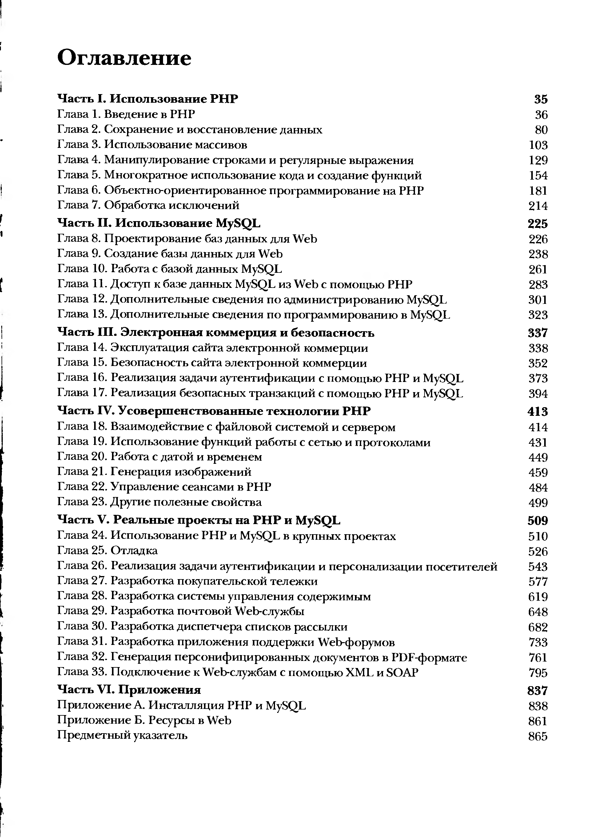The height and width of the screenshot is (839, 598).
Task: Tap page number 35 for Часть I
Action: coord(541,99)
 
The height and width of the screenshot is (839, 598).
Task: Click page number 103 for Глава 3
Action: coord(538,145)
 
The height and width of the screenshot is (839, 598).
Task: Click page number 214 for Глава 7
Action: coord(538,206)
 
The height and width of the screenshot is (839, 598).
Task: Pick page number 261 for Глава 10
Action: coord(538,269)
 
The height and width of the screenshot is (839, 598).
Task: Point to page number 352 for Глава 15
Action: coord(538,363)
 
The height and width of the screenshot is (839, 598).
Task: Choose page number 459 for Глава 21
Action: coord(538,472)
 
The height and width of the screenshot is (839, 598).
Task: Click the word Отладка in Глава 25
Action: coord(134,551)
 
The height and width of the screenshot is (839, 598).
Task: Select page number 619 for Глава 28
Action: coord(538,597)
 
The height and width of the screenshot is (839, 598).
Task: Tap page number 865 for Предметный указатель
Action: coord(538,736)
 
